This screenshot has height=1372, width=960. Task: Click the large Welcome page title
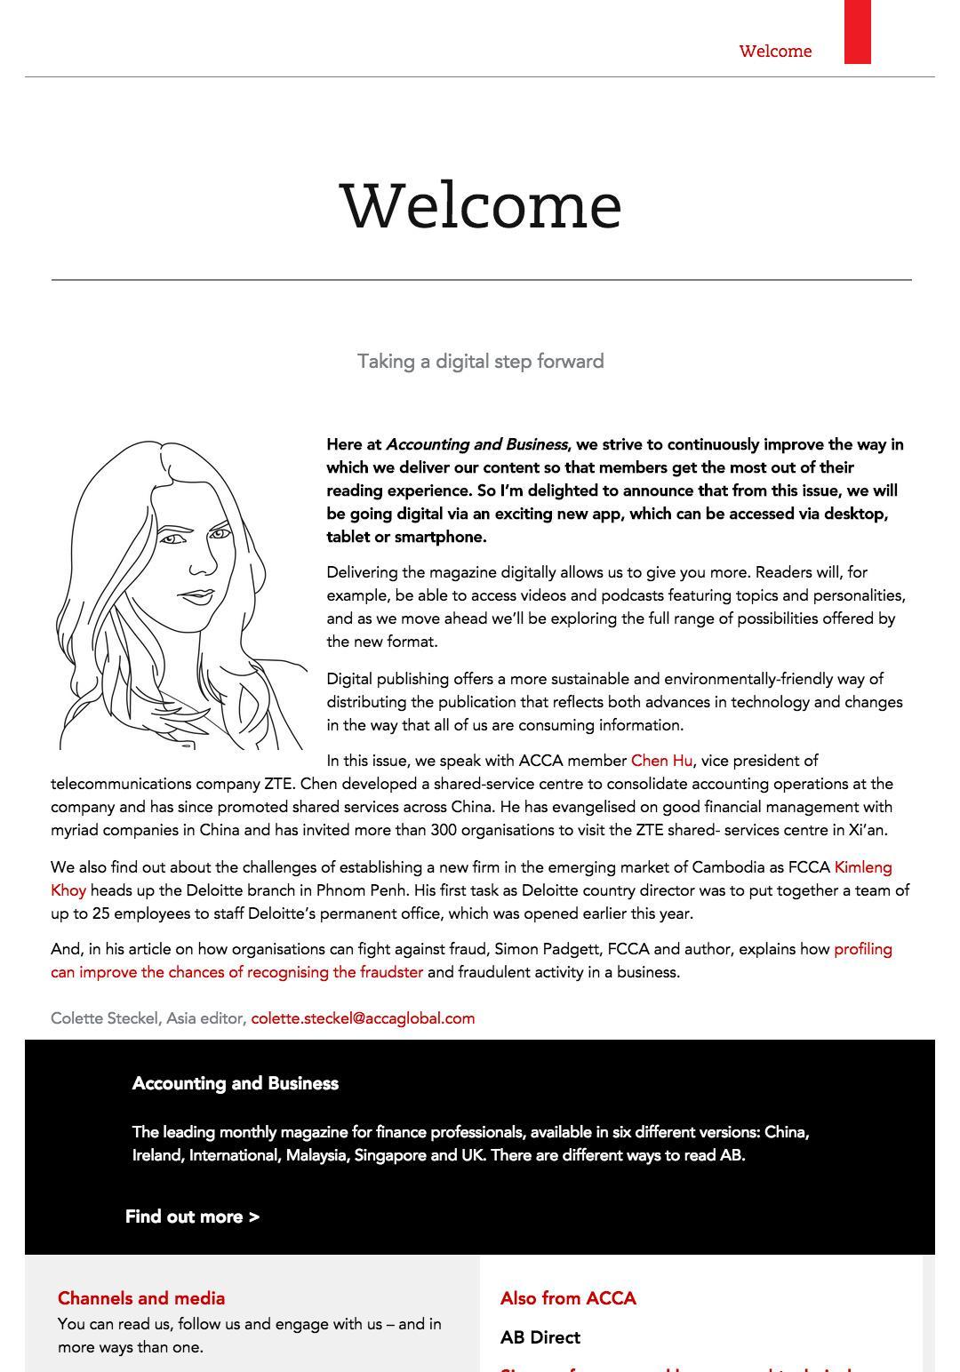click(x=480, y=206)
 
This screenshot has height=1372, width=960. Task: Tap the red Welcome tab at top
click(x=775, y=52)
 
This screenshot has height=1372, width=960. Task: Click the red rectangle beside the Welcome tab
click(x=857, y=32)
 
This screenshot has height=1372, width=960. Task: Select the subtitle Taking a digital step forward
click(x=480, y=362)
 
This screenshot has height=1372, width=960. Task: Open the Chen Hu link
click(x=661, y=761)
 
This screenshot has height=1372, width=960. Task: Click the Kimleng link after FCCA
click(x=862, y=867)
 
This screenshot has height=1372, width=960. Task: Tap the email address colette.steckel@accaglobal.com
click(x=363, y=1018)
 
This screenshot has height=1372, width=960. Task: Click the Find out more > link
click(x=192, y=1216)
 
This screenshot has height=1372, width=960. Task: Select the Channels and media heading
click(x=141, y=1298)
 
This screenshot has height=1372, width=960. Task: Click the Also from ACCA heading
click(x=568, y=1298)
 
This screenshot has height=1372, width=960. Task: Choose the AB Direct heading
click(x=540, y=1337)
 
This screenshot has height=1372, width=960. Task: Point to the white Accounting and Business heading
click(x=236, y=1083)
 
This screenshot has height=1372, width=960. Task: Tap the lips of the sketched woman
click(x=196, y=596)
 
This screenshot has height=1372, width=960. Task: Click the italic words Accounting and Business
click(x=476, y=444)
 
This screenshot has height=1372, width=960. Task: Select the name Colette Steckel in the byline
click(x=104, y=1018)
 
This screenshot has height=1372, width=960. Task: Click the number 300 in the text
click(x=444, y=830)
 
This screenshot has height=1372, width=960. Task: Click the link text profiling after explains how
click(x=862, y=949)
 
